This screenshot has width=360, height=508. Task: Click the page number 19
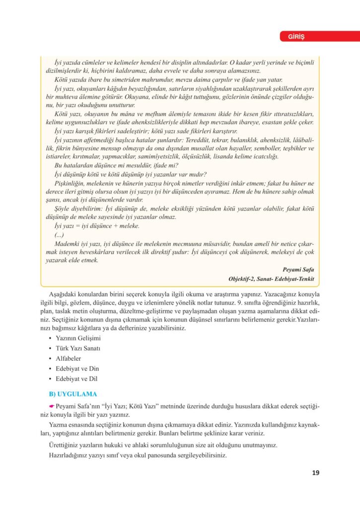(316, 472)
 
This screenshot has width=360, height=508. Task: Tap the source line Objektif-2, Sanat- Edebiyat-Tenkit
(272, 279)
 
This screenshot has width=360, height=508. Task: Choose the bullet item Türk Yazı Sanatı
(78, 348)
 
